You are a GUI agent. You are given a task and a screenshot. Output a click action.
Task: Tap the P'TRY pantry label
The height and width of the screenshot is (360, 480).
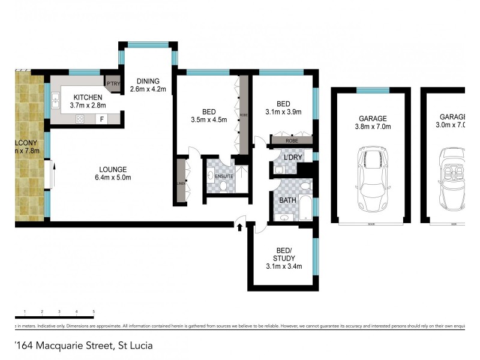point(112,83)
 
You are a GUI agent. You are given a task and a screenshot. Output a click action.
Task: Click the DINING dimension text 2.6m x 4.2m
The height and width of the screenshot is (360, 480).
point(148,91)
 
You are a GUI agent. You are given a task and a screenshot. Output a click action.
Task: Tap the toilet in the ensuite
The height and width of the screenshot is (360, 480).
point(223,187)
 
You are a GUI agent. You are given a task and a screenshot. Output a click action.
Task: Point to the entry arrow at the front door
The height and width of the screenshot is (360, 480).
point(240,227)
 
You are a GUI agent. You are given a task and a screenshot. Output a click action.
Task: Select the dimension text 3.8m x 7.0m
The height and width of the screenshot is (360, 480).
point(373,127)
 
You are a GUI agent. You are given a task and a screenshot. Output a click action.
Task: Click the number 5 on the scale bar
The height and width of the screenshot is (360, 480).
point(94,311)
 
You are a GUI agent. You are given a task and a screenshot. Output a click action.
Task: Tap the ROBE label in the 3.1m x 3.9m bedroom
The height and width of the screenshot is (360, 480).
point(292,140)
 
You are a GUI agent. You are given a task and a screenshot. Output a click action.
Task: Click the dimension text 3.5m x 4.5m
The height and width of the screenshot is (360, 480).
point(209,119)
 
